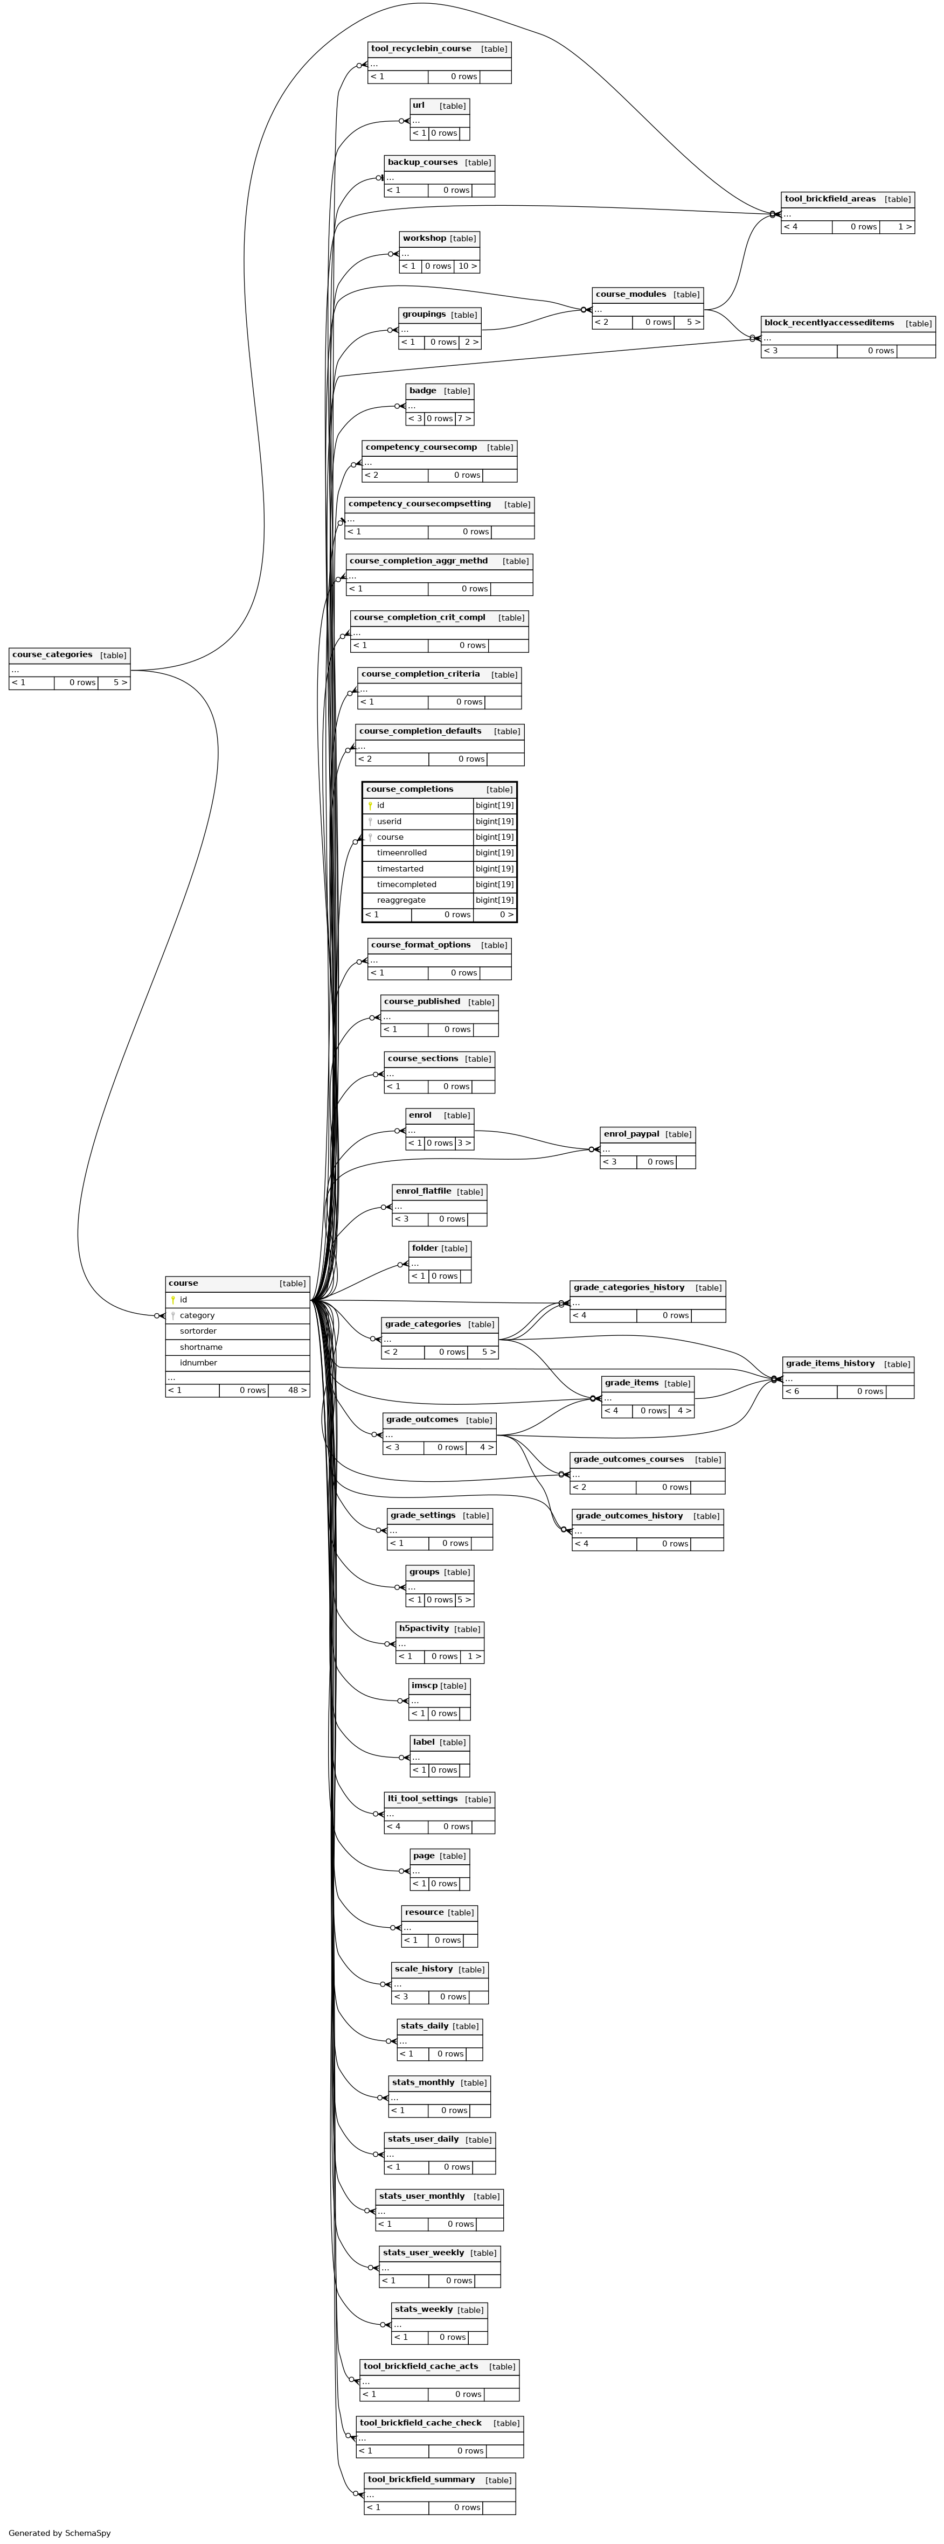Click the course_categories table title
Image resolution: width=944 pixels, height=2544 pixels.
click(52, 655)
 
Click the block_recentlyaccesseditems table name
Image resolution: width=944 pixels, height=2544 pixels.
click(829, 323)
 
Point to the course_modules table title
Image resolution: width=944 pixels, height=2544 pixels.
click(631, 294)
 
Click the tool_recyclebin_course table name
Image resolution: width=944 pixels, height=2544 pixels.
click(421, 48)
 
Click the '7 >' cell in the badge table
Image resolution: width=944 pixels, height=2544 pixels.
click(464, 419)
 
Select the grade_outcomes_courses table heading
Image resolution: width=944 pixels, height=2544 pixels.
click(629, 1460)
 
